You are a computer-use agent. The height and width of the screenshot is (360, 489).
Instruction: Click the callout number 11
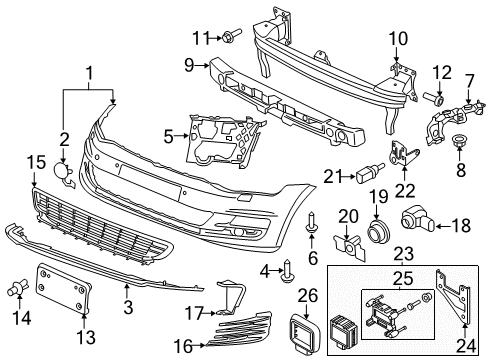point(201,38)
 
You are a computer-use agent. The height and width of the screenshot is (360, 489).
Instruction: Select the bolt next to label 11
point(231,35)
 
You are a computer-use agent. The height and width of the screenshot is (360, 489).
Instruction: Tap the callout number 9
point(189,65)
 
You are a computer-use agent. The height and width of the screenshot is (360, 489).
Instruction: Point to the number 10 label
point(398,39)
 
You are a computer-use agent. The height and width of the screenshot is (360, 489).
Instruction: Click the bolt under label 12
point(433,98)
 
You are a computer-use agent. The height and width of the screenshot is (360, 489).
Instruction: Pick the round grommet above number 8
point(459,141)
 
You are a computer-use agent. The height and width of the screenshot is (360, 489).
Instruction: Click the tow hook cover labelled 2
point(63,173)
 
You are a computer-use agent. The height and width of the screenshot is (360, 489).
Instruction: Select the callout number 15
point(36,162)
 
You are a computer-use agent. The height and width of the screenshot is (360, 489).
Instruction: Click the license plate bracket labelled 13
point(63,288)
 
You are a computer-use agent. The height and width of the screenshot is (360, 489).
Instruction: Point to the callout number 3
point(128,307)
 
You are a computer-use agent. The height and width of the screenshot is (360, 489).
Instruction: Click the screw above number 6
point(311,222)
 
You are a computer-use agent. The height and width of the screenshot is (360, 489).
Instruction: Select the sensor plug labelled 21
point(370,173)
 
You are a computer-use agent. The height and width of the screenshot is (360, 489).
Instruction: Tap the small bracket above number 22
point(403,154)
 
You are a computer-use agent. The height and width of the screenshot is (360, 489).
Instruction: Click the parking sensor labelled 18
point(418,220)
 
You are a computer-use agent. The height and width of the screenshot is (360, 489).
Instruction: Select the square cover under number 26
point(305,332)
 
